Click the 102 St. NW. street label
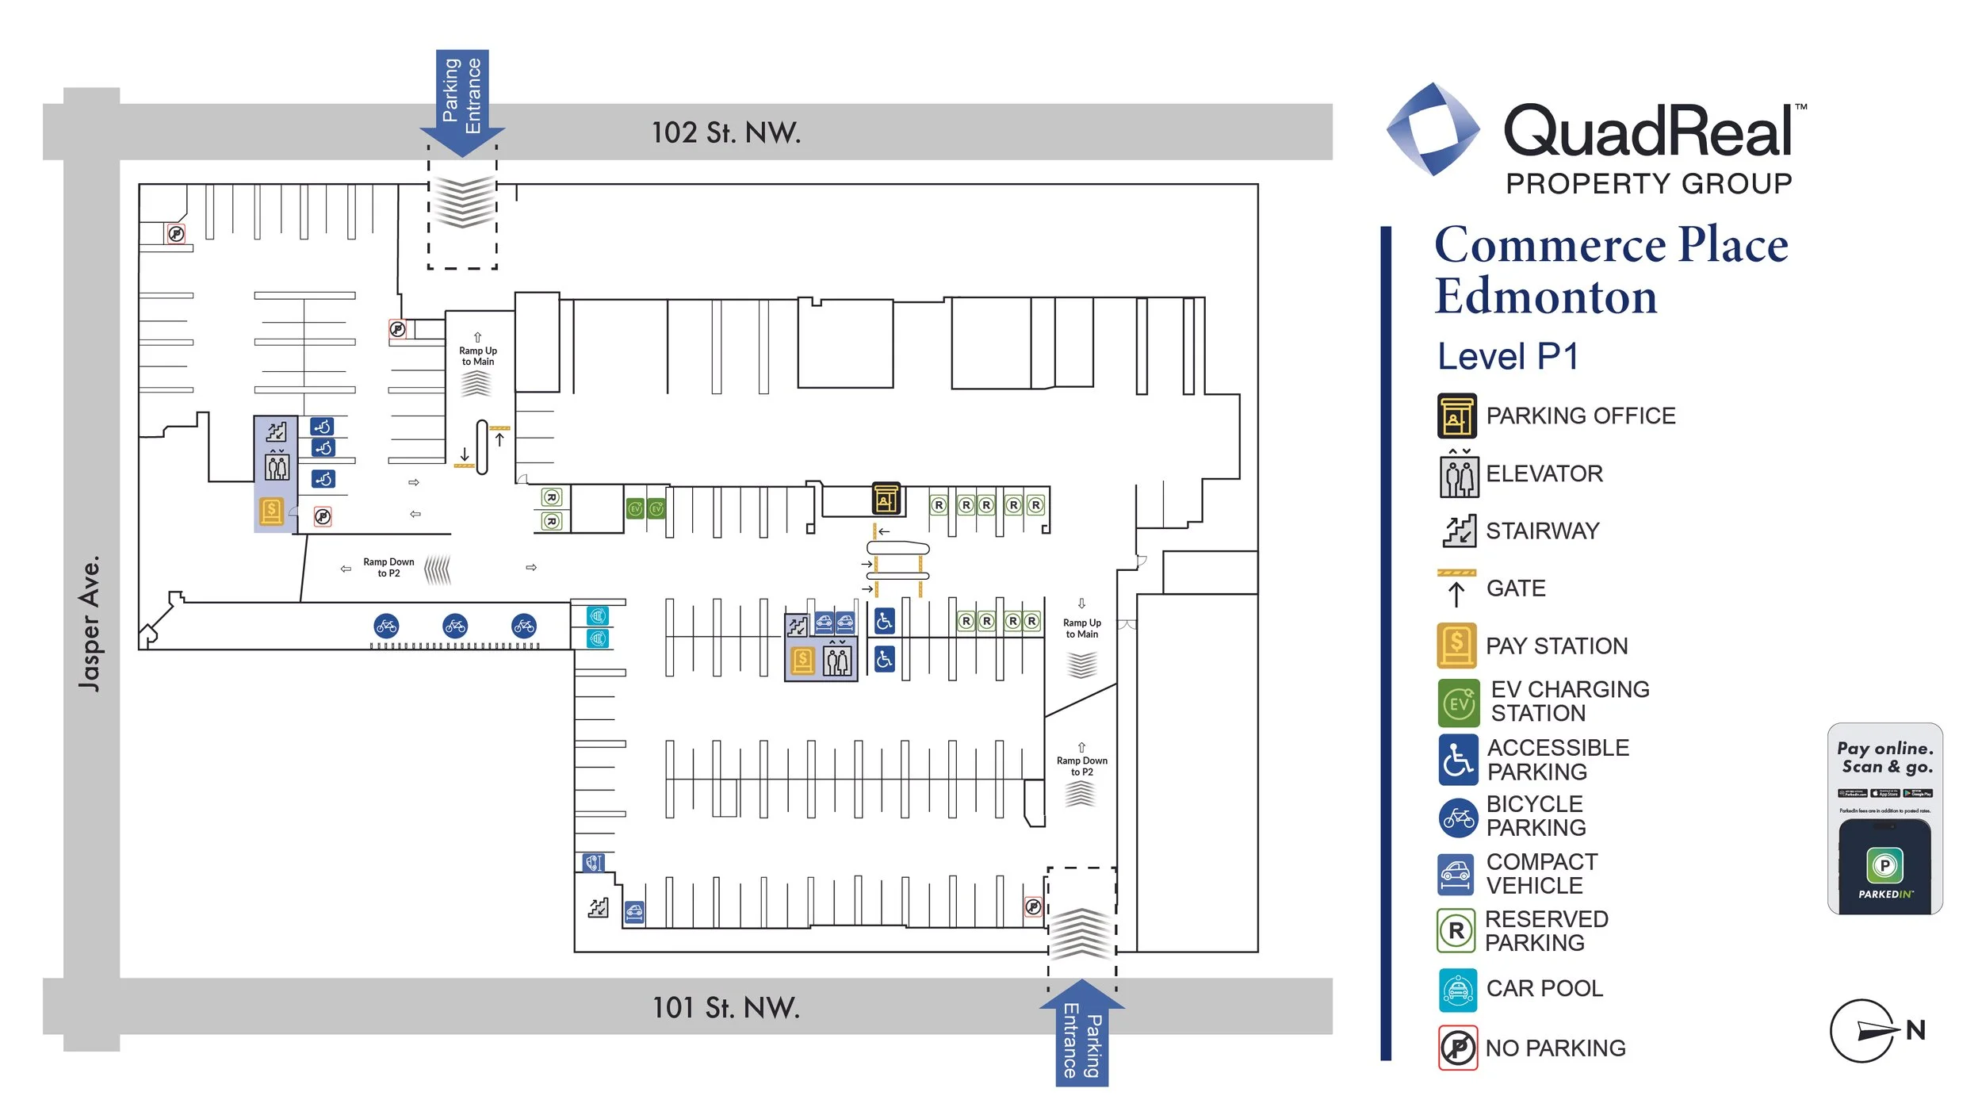click(x=725, y=132)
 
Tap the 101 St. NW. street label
click(x=725, y=1007)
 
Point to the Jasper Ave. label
click(x=90, y=623)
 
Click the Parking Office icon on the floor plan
click(x=886, y=498)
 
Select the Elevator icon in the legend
click(x=1458, y=474)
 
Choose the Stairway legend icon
click(x=1458, y=531)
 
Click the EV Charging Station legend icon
click(x=1458, y=703)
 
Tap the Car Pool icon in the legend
click(x=1457, y=990)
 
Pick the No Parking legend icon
click(x=1457, y=1048)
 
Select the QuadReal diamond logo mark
click(x=1433, y=129)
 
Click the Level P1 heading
click(x=1507, y=357)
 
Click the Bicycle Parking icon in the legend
click(x=1457, y=818)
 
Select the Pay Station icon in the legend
click(x=1456, y=646)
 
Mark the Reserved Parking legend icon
click(x=1456, y=931)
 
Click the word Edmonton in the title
click(x=1545, y=297)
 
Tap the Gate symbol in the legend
click(x=1456, y=588)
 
